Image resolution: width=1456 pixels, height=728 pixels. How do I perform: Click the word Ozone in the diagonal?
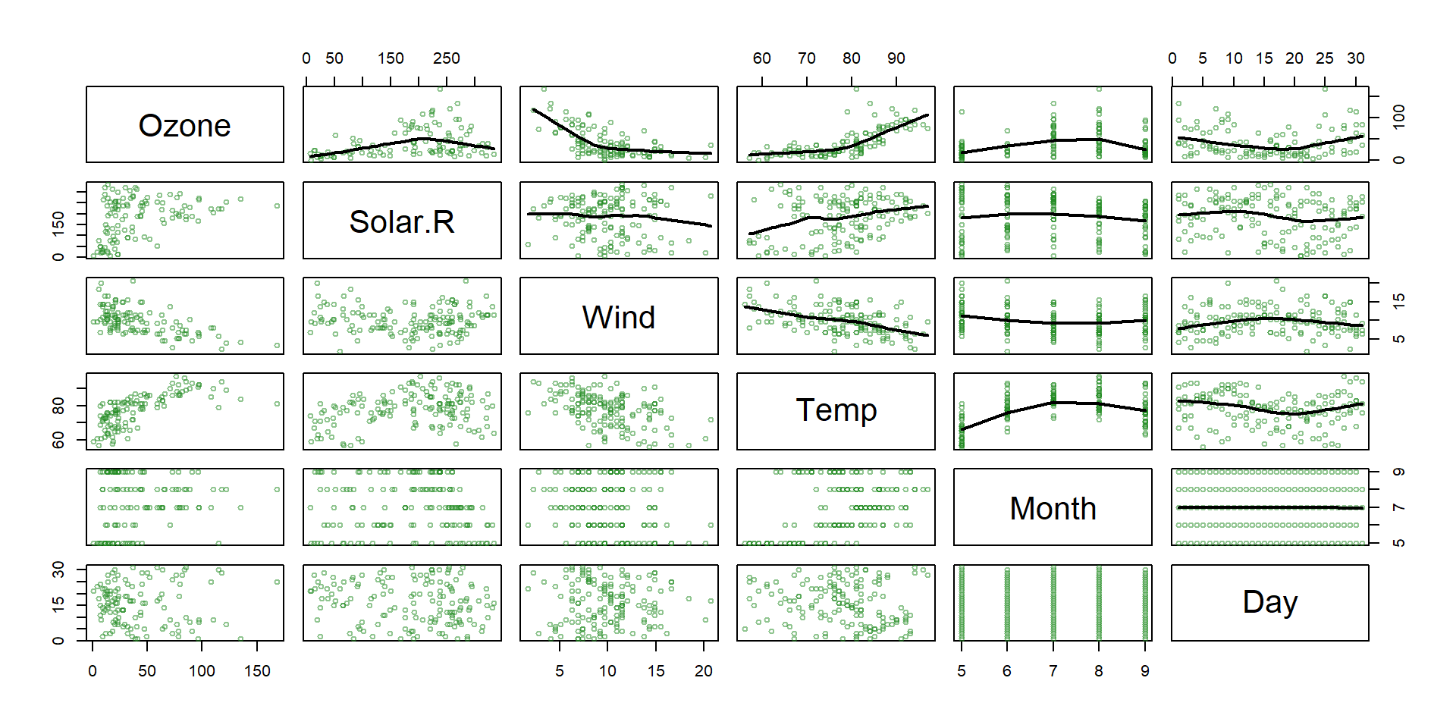[184, 125]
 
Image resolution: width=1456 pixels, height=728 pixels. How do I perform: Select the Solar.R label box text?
[402, 221]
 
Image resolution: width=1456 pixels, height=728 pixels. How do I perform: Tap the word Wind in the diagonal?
[619, 317]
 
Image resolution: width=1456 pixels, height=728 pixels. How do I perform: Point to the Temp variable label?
[836, 410]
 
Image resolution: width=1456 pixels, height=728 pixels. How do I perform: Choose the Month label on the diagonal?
[1053, 508]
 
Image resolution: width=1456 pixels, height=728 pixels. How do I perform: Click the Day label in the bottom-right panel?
[1269, 602]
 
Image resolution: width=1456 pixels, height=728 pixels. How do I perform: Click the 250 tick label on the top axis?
[446, 58]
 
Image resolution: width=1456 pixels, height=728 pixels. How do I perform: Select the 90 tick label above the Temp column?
[896, 58]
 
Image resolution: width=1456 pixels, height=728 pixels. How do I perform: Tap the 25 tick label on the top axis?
[1324, 58]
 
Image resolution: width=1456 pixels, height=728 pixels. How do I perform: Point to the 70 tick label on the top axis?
[806, 58]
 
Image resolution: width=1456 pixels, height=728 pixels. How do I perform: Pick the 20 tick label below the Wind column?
[703, 671]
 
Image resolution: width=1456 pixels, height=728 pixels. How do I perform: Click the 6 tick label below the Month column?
[1006, 671]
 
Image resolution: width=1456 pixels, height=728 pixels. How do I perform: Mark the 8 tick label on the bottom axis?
[1098, 671]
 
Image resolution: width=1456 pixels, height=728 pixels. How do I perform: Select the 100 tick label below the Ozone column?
[202, 671]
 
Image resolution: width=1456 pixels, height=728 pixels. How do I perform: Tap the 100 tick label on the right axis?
[1399, 117]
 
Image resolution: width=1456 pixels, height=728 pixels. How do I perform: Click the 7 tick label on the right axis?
[1399, 507]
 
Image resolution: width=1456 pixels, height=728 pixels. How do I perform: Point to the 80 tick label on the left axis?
[58, 406]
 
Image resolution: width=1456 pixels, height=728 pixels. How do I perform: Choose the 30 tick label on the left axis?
[58, 570]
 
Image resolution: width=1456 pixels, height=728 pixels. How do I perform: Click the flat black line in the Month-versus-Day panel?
[1269, 507]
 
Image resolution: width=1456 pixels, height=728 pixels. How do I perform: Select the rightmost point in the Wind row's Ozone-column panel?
[277, 345]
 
